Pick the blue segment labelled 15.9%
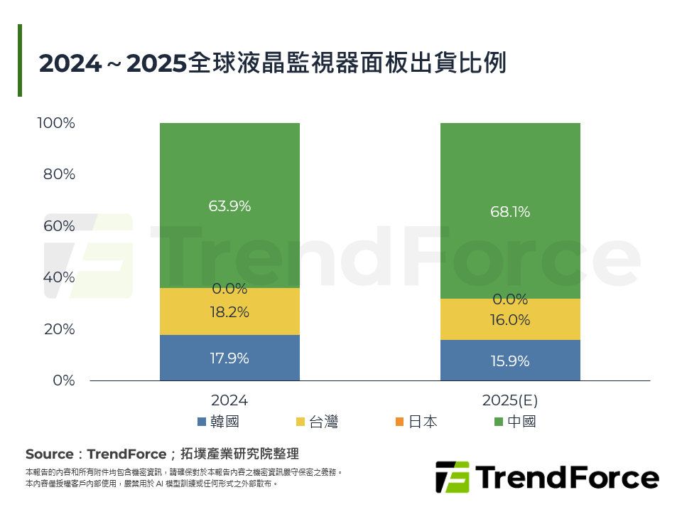(510, 361)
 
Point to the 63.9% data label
(229, 206)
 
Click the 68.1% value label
(510, 212)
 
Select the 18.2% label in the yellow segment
(229, 312)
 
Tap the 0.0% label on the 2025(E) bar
(510, 299)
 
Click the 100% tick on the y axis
(56, 123)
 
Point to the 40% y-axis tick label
(59, 277)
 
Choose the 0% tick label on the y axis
(64, 380)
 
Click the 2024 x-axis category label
(229, 400)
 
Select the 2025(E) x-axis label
(510, 400)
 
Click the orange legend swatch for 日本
(399, 422)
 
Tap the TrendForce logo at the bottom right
(547, 477)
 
